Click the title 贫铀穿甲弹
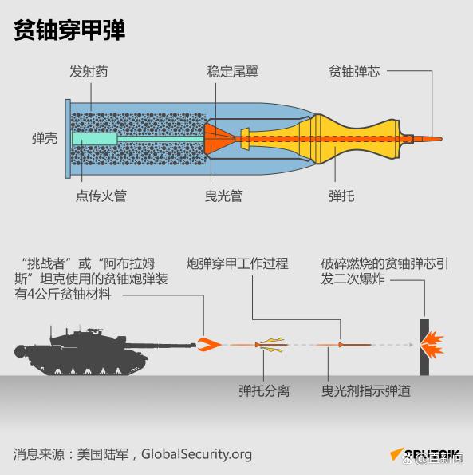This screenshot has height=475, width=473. point(69,30)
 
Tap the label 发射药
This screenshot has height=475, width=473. point(89,72)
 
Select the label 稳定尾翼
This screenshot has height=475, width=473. point(232,72)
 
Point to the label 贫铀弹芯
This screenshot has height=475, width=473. point(354,72)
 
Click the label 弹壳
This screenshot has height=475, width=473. point(45,138)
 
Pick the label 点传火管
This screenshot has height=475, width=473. point(101,196)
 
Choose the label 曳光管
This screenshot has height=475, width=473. point(224,196)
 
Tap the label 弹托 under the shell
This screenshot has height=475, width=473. point(341,196)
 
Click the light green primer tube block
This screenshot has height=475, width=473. point(94,139)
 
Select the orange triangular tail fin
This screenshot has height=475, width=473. point(217,139)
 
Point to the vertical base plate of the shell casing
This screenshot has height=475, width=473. point(68,139)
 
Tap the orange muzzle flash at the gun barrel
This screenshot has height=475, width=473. point(209,345)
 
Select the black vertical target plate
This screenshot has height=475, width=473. point(424,347)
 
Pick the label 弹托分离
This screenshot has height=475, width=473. point(264,391)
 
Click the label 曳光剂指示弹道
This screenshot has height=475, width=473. point(366,391)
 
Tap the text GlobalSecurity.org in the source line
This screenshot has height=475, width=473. point(196,454)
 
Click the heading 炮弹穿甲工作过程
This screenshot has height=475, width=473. point(237,263)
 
